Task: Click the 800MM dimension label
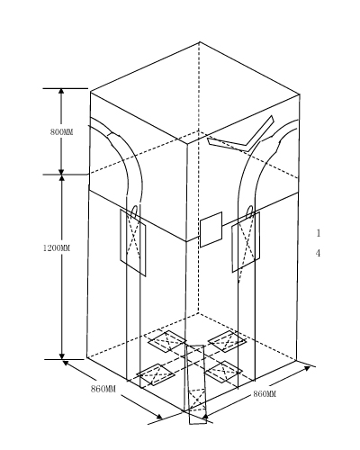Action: point(61,132)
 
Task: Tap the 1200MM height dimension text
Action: point(57,248)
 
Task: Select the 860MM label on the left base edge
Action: point(103,389)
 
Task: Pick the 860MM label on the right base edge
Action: point(265,394)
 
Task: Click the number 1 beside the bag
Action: point(319,233)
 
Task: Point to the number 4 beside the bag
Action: point(318,253)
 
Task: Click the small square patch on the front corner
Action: point(211,229)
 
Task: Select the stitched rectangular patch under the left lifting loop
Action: point(133,242)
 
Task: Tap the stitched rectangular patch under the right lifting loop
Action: point(246,242)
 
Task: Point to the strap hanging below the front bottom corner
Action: point(196,384)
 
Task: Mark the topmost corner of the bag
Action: point(200,42)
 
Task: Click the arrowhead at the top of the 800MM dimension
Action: point(61,92)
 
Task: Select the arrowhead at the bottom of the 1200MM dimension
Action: point(62,355)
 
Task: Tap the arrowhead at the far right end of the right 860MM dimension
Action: point(308,368)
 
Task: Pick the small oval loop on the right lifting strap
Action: point(249,212)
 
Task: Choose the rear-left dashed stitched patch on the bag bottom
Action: point(166,341)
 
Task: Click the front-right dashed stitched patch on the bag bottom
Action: point(223,372)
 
